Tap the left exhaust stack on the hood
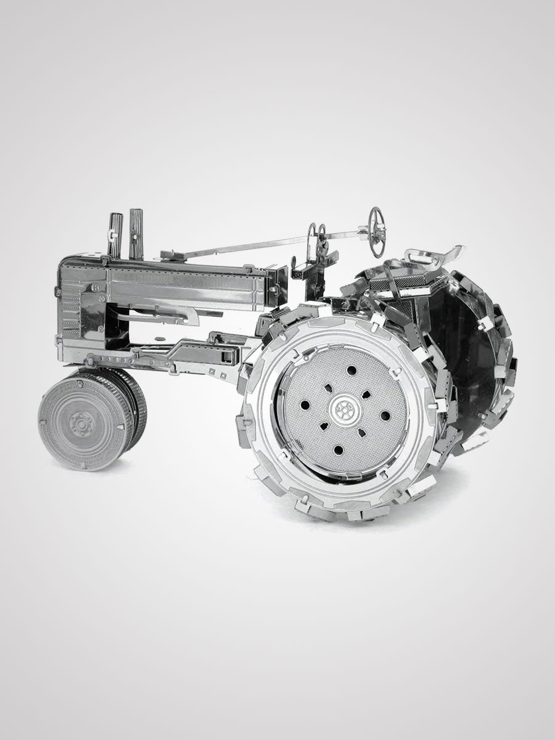115,234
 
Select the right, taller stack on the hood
136,232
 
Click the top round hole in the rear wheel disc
351,370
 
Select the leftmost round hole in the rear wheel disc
305,405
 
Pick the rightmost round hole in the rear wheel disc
385,415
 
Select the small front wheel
89,419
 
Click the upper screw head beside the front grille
96,288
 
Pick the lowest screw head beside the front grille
91,358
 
